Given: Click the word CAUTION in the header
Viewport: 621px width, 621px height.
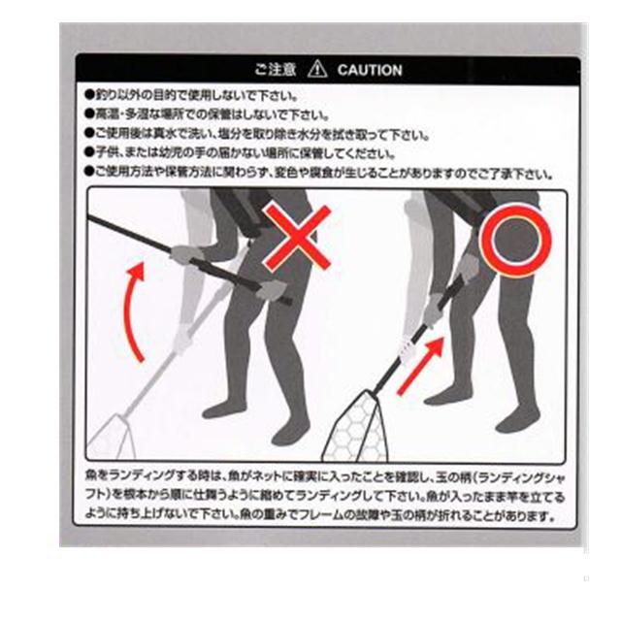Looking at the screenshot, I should tap(370, 70).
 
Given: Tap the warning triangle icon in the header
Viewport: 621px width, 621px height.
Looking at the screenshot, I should tap(317, 70).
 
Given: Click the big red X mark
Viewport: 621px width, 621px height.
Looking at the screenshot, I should tap(300, 236).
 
